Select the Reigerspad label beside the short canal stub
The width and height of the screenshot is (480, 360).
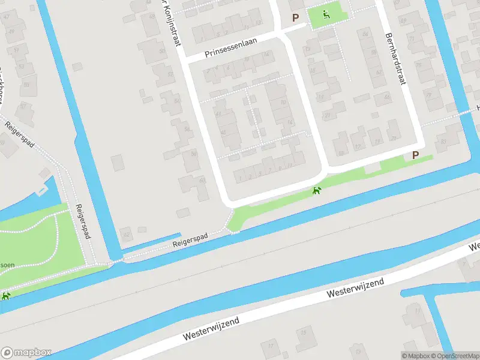(x=190, y=241)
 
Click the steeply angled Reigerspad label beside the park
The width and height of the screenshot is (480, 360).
(x=83, y=221)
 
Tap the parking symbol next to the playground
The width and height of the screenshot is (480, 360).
(x=295, y=18)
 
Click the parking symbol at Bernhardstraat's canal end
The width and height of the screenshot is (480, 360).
(x=415, y=155)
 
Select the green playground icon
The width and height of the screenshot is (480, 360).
(x=326, y=14)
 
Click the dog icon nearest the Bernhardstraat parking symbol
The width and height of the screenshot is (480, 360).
(x=316, y=191)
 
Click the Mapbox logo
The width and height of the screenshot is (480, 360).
(x=26, y=353)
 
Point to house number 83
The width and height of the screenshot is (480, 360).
(x=443, y=141)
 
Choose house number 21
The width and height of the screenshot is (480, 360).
(x=327, y=114)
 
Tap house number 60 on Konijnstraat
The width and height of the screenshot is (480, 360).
(x=202, y=180)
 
